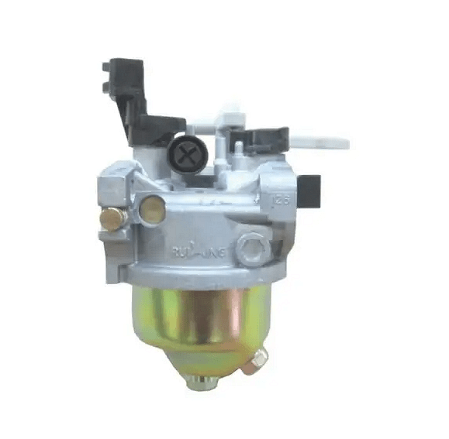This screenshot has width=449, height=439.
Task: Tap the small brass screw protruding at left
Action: tap(109, 219)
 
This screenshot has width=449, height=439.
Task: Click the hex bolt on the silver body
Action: tap(253, 247)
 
